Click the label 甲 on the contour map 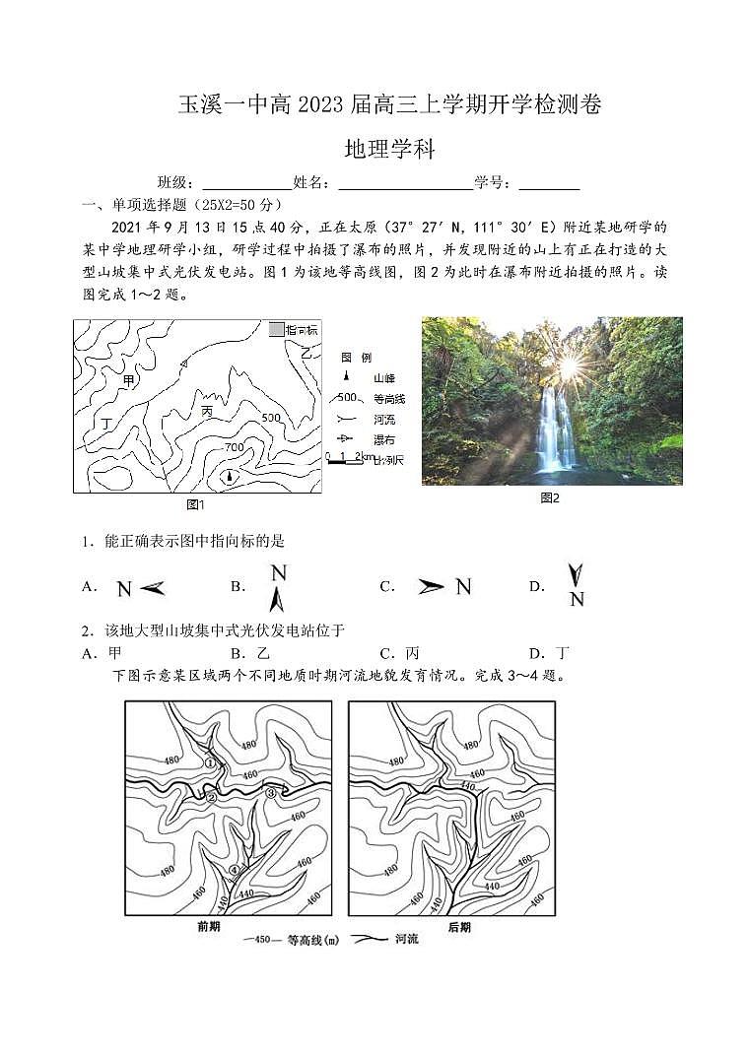point(128,379)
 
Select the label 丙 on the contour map point(207,409)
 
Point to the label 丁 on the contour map point(106,424)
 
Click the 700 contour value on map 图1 point(234,447)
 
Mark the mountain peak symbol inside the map point(230,477)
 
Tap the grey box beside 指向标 point(276,329)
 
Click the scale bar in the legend point(346,457)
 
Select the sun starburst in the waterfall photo point(569,366)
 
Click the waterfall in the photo point(555,429)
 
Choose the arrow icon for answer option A point(152,588)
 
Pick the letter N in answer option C point(462,587)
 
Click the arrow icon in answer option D point(575,575)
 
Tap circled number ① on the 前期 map point(209,762)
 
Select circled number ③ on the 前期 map point(271,793)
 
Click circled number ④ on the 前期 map point(234,869)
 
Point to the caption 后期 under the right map point(458,926)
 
